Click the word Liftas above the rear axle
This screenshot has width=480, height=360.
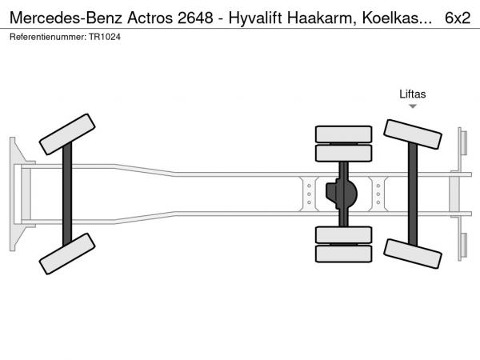pos(412,94)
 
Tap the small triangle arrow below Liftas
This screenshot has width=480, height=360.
pos(413,106)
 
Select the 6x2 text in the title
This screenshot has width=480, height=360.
pos(458,18)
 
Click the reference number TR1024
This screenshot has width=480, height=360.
pos(105,37)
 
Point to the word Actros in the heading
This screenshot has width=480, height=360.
pos(150,18)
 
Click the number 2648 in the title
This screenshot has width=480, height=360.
pos(195,18)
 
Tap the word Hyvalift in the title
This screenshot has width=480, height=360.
pos(255,18)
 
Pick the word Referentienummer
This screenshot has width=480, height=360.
pos(48,37)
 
